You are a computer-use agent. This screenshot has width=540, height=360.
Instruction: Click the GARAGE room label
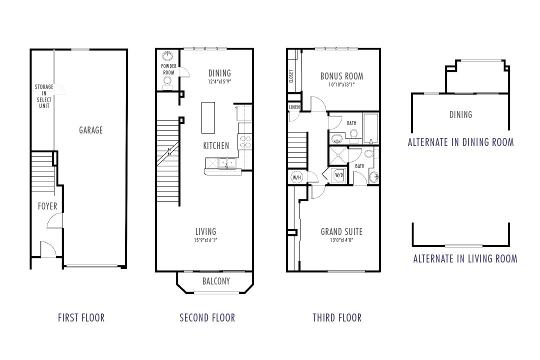(90, 130)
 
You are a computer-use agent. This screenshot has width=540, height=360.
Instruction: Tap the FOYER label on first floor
(47, 206)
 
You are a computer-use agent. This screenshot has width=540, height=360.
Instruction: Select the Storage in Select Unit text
(44, 96)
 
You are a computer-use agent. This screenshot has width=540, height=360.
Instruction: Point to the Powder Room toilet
(168, 80)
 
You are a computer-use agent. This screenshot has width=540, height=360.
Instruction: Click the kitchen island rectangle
(208, 117)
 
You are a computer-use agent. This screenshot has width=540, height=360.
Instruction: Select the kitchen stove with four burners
(245, 141)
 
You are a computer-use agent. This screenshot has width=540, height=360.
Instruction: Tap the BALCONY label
(216, 281)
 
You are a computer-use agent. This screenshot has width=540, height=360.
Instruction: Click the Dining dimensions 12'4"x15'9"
(219, 81)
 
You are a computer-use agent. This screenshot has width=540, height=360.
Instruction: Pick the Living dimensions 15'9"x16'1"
(205, 239)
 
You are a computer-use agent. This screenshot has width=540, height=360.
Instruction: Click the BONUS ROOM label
(341, 76)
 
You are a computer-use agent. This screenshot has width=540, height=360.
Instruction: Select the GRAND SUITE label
(341, 231)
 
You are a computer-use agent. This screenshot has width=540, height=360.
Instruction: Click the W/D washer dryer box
(339, 175)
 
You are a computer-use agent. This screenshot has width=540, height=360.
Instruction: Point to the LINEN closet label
(294, 107)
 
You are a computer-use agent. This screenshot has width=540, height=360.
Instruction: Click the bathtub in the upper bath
(370, 127)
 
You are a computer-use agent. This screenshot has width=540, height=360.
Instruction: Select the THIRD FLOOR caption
(337, 317)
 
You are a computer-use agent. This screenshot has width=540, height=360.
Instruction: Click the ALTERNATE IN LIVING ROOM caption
(465, 258)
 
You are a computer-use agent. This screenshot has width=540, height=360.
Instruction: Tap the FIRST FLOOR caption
(81, 317)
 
